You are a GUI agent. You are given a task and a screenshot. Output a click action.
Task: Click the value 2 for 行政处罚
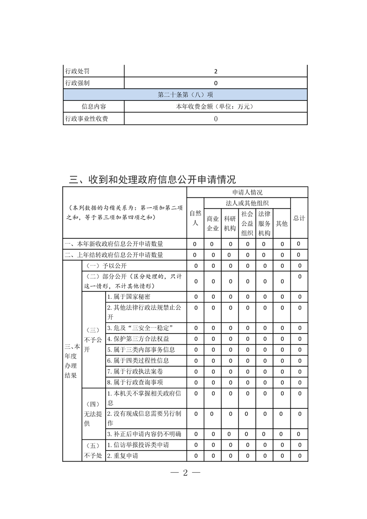216,72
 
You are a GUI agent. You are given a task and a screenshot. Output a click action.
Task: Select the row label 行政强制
77,83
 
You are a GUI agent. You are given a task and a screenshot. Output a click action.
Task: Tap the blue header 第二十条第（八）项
185,95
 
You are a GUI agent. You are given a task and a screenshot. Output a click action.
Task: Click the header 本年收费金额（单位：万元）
216,106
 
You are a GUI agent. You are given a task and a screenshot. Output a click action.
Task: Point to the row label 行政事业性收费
86,119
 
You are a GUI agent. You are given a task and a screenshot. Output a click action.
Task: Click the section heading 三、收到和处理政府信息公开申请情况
152,179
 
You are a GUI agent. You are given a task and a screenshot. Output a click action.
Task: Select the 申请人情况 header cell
247,192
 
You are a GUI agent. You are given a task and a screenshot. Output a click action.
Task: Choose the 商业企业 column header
212,223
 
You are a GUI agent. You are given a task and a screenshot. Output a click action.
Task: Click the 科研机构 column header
230,223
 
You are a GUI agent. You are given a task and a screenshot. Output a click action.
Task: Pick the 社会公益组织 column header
247,223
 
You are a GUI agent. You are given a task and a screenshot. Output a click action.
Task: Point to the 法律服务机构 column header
264,223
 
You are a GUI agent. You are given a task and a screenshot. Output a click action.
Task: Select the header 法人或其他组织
247,203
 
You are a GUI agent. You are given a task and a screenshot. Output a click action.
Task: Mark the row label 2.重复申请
123,456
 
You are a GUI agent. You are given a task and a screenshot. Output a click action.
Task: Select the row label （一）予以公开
105,266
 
